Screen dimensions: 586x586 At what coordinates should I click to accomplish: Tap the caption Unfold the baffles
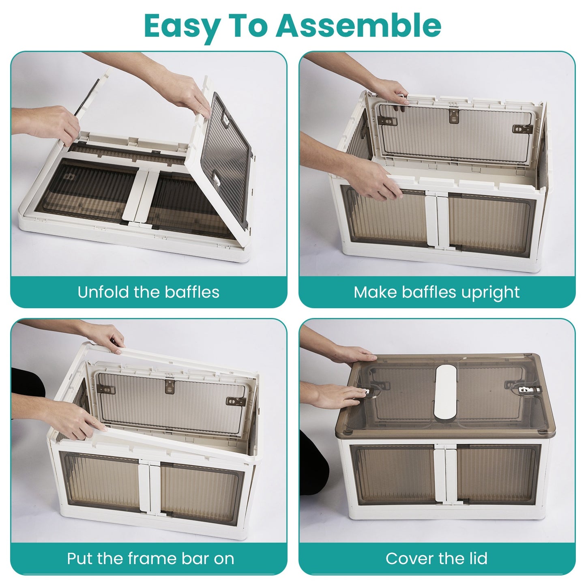(x=148, y=292)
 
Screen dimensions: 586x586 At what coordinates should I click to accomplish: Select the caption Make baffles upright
(x=436, y=292)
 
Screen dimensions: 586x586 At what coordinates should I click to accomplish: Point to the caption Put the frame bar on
(x=150, y=558)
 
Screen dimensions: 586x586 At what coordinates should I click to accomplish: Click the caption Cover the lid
(x=436, y=558)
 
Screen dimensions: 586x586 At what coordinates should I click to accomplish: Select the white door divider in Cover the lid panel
(x=445, y=473)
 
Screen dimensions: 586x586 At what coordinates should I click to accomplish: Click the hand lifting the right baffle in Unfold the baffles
(x=191, y=95)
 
